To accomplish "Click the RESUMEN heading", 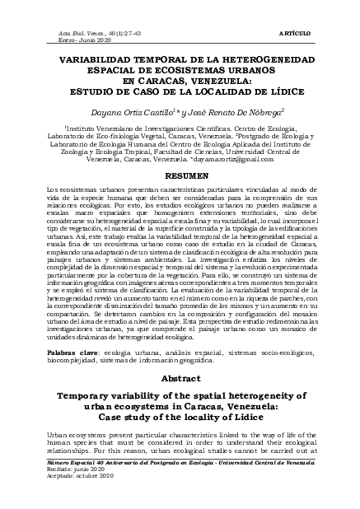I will pos(180,176).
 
